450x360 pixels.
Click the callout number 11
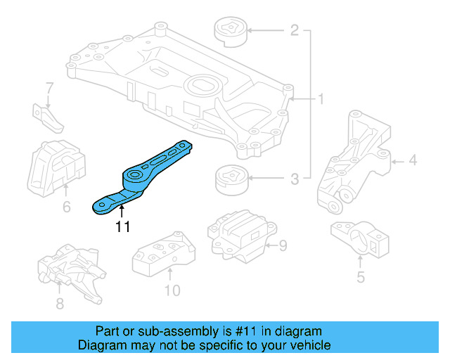coord(122,227)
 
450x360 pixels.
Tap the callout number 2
coord(294,31)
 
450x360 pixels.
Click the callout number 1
coord(320,100)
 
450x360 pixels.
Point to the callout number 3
coord(295,179)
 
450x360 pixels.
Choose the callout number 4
coord(413,161)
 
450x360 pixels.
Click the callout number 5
coord(360,277)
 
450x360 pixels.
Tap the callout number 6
coord(66,207)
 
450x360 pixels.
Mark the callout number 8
coord(59,304)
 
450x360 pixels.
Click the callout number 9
coord(283,245)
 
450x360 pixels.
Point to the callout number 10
coord(172,290)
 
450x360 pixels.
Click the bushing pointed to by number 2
coord(229,32)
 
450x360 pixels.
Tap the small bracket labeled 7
coord(48,116)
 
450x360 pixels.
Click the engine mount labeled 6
coord(54,165)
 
